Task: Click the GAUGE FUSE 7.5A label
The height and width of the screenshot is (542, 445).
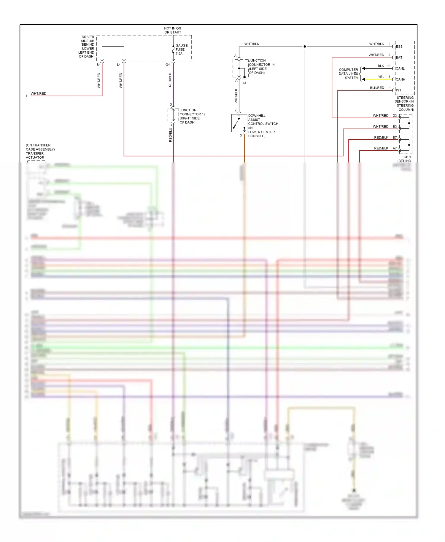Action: point(181,50)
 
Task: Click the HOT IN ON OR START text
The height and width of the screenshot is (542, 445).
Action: point(173,30)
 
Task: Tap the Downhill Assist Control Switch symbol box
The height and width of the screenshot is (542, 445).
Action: point(239,123)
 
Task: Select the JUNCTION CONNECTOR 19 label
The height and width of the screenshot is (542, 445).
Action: point(192,116)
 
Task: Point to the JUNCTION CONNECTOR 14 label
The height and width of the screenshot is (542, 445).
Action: point(261,66)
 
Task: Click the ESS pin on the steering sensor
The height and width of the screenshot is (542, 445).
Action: point(399,47)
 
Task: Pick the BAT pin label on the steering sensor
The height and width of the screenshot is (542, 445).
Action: point(399,58)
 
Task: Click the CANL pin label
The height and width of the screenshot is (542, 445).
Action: point(400,68)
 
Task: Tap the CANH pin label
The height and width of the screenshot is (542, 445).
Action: point(400,79)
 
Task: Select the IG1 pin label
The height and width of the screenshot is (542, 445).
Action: point(398,90)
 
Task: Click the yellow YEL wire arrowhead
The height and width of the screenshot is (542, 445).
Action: point(363,79)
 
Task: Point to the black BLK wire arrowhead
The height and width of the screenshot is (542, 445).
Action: point(363,68)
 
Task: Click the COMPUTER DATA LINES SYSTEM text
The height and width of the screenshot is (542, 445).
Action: point(349,74)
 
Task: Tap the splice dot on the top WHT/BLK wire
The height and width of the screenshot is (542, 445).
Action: point(305,47)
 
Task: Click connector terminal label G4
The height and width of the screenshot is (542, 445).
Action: point(168,65)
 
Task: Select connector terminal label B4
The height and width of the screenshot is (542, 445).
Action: point(98,65)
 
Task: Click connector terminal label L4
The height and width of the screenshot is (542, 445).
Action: point(119,65)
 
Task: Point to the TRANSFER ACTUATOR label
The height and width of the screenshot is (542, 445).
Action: point(35,155)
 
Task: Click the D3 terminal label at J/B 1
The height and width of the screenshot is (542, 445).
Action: point(395,116)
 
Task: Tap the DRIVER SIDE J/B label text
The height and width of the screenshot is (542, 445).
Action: point(87,47)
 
